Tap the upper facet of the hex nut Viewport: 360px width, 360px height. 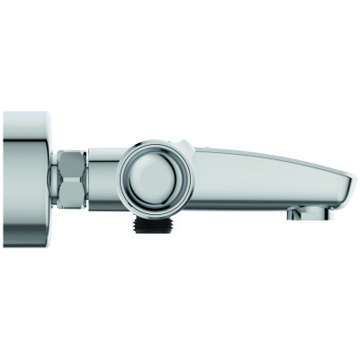point(73,164)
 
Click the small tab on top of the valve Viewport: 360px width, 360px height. point(183,144)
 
